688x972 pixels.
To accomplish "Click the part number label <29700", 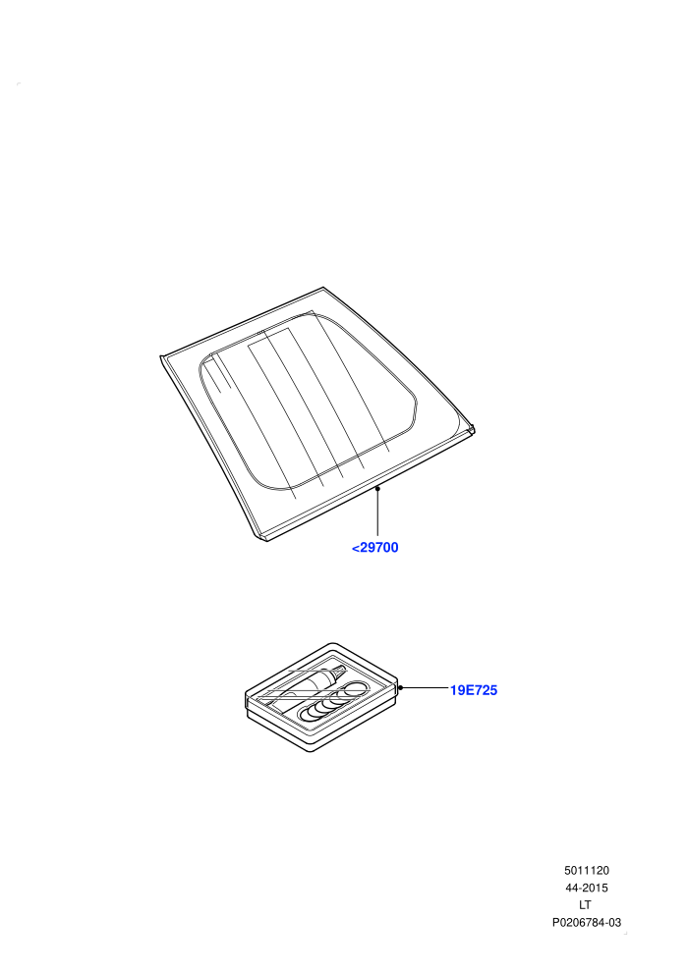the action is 374,548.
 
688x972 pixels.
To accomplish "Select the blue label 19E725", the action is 474,690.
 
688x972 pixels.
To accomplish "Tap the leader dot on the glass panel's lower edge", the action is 377,489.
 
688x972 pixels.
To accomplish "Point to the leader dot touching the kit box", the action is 400,687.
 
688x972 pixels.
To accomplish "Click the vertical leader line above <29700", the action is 377,513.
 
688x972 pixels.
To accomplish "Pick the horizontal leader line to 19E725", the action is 425,687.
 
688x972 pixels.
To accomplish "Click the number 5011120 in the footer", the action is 586,870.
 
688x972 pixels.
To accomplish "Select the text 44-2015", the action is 586,888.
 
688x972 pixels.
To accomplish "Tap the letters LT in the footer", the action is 585,905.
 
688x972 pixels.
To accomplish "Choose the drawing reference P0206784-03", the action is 586,922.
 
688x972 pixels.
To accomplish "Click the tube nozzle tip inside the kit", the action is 342,669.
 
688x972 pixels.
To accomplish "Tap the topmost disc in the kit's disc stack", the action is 356,687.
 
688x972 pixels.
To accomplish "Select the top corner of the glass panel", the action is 323,288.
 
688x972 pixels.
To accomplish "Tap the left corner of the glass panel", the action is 161,356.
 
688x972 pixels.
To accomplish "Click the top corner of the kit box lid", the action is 333,644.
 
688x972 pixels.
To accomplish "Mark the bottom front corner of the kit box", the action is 311,751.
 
